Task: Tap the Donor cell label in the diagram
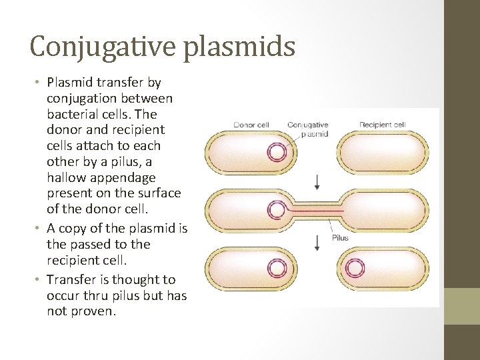pyautogui.click(x=251, y=125)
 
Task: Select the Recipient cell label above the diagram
pyautogui.click(x=382, y=125)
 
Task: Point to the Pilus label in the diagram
pyautogui.click(x=340, y=238)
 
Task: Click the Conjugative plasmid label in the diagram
pyautogui.click(x=307, y=129)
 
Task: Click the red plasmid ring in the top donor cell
pyautogui.click(x=276, y=153)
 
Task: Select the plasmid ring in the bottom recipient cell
pyautogui.click(x=356, y=269)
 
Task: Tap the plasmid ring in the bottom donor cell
pyautogui.click(x=276, y=269)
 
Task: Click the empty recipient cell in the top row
pyautogui.click(x=383, y=153)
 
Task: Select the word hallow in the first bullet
pyautogui.click(x=67, y=177)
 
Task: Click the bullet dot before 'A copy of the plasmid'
pyautogui.click(x=38, y=229)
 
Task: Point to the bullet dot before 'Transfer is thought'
pyautogui.click(x=38, y=280)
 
